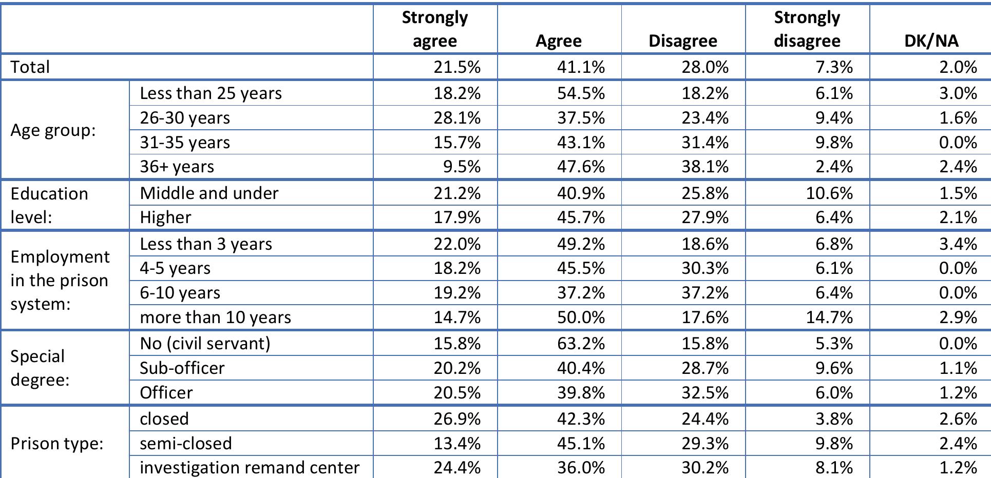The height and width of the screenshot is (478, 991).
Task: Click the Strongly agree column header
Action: (434, 29)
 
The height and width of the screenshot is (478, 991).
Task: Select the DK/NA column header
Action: (931, 41)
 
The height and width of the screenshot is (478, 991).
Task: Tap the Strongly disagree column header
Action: (807, 29)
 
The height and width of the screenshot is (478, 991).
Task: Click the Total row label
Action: (30, 67)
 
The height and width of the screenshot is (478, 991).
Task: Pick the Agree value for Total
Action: (581, 67)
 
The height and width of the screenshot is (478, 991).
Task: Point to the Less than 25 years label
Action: (211, 93)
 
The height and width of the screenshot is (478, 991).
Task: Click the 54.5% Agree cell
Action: (581, 93)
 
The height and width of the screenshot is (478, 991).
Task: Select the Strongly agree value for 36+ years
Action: (464, 167)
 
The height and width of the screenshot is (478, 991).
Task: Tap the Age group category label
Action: (53, 130)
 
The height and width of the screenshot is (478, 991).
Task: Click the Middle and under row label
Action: (209, 193)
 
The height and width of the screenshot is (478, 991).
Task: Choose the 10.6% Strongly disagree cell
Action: (829, 193)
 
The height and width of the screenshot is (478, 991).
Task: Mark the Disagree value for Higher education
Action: (704, 217)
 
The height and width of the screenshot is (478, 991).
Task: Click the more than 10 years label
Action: (215, 317)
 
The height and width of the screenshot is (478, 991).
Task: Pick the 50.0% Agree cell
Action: (581, 317)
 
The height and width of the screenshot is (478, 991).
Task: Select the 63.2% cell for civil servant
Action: (581, 343)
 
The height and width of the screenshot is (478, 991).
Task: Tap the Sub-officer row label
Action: (182, 368)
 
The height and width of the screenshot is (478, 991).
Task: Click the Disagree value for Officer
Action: (704, 393)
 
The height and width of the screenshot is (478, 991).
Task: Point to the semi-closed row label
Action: (185, 443)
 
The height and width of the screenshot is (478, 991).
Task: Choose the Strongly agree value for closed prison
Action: (457, 419)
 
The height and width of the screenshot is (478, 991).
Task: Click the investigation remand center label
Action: (249, 468)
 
